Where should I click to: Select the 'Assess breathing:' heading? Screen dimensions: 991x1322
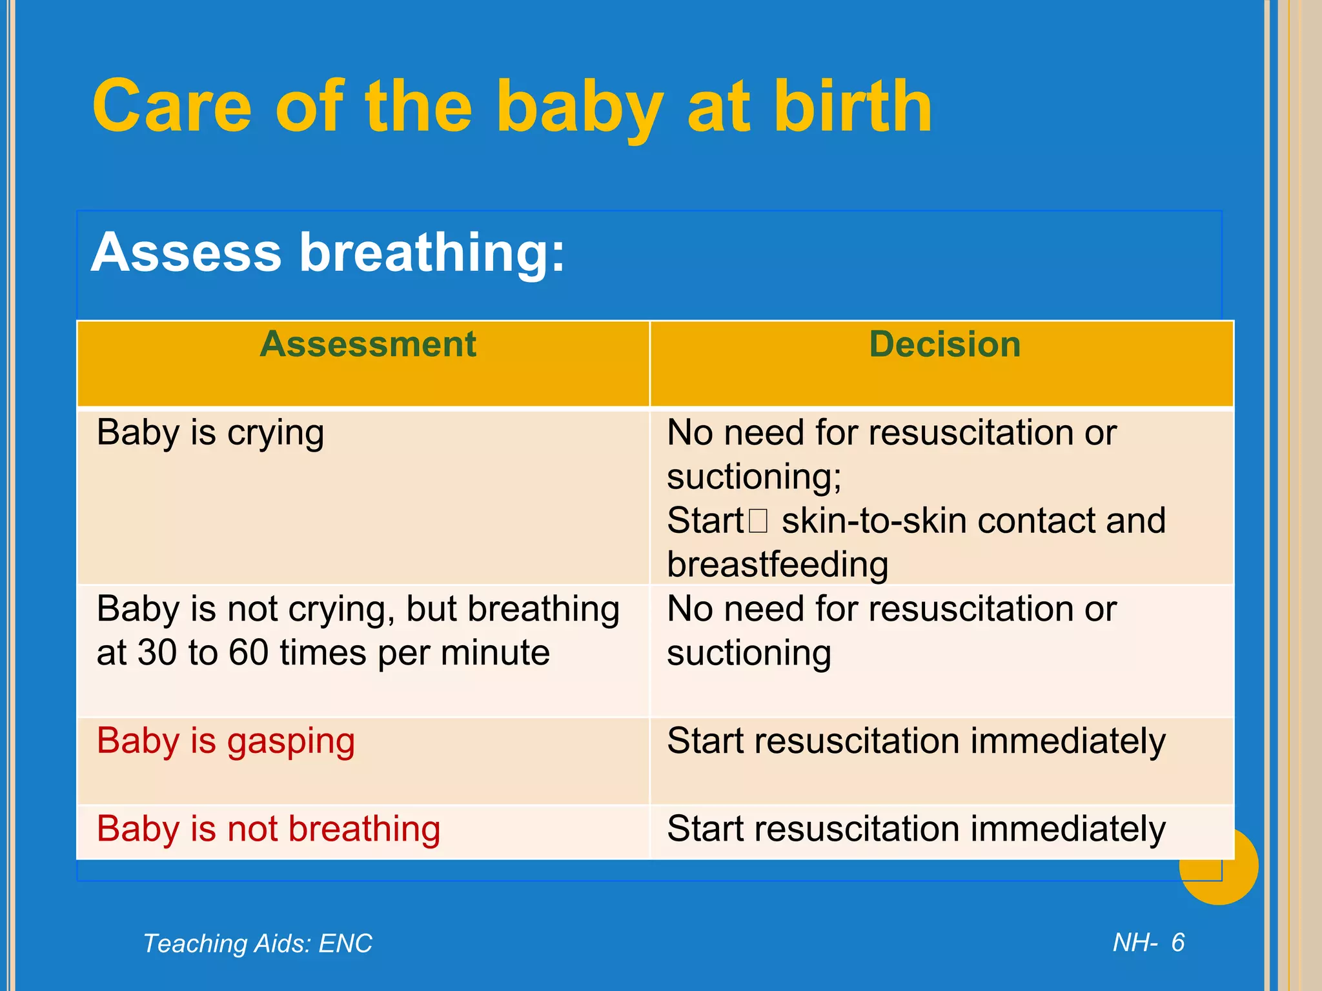pyautogui.click(x=328, y=252)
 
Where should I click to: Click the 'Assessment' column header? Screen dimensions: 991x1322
pyautogui.click(x=368, y=344)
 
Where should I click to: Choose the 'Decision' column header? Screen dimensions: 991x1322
pyautogui.click(x=944, y=344)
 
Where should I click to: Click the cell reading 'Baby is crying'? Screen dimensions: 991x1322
pyautogui.click(x=210, y=433)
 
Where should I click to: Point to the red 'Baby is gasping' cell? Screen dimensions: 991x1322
pyautogui.click(x=225, y=741)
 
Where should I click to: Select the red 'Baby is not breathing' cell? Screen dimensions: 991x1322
pyautogui.click(x=269, y=829)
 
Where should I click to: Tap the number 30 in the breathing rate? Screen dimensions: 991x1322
pyautogui.click(x=157, y=653)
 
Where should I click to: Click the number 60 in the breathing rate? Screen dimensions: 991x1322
pyautogui.click(x=249, y=653)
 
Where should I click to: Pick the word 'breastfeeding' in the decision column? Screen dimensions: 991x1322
pyautogui.click(x=777, y=565)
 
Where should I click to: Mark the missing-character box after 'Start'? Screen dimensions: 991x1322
pyautogui.click(x=758, y=521)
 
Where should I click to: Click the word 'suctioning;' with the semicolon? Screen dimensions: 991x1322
pyautogui.click(x=754, y=477)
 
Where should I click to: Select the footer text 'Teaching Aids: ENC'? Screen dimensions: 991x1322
pyautogui.click(x=258, y=943)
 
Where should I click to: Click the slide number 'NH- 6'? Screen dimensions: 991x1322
pyautogui.click(x=1148, y=943)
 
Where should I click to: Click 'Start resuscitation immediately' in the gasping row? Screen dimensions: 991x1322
pyautogui.click(x=916, y=741)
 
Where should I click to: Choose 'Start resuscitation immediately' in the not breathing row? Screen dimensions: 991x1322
pyautogui.click(x=916, y=829)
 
